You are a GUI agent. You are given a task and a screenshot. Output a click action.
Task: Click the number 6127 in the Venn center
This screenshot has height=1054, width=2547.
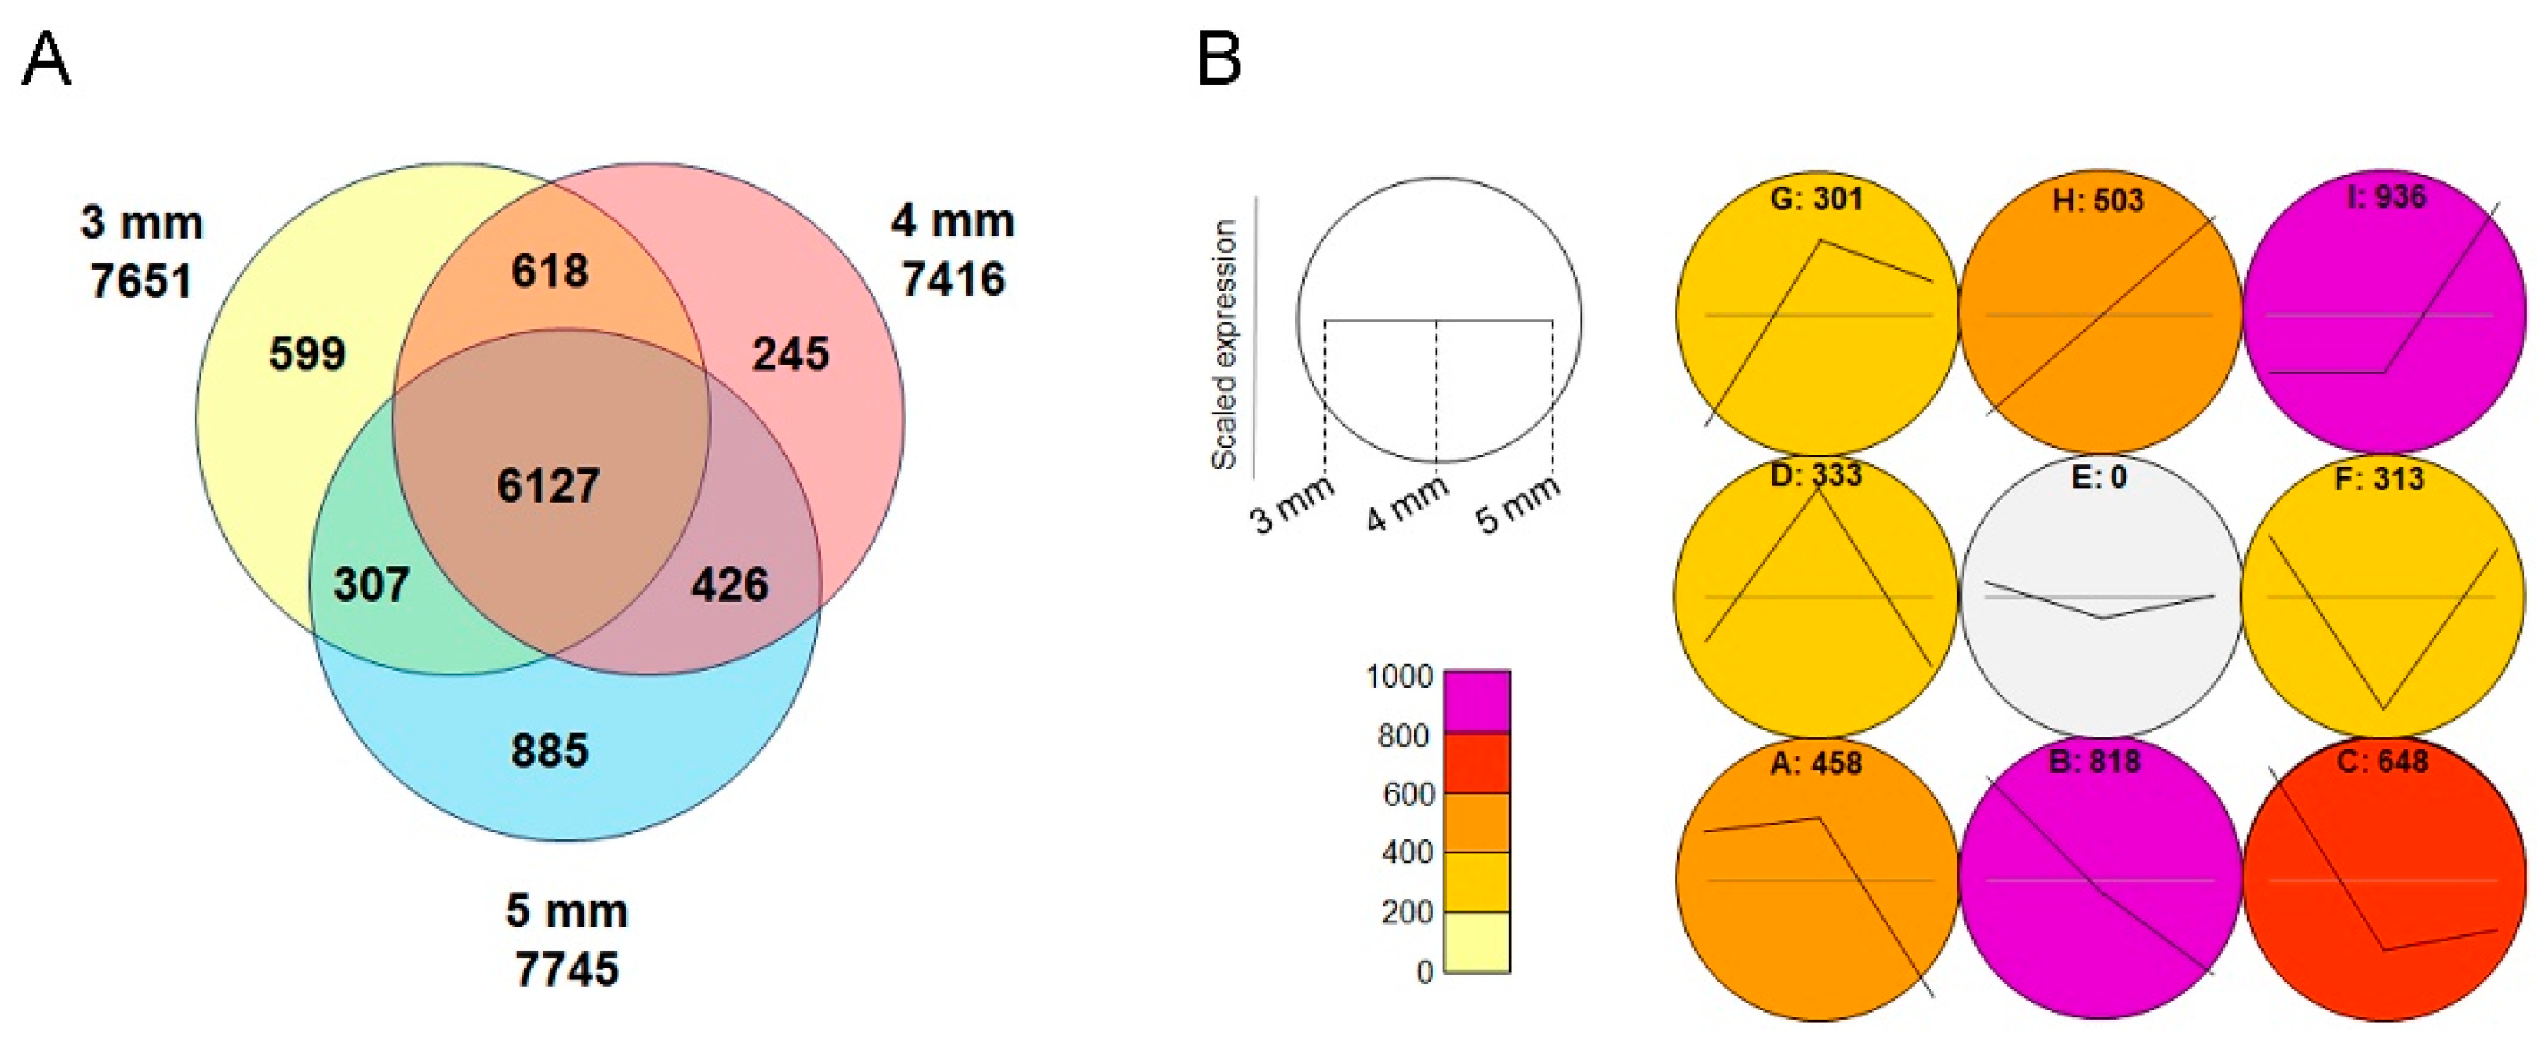click(x=548, y=485)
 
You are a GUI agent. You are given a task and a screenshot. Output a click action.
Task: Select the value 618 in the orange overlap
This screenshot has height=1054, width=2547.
click(x=550, y=270)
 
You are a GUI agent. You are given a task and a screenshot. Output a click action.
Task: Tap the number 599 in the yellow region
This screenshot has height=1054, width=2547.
click(x=308, y=354)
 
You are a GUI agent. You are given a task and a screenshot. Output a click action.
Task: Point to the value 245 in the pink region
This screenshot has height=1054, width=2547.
click(x=790, y=354)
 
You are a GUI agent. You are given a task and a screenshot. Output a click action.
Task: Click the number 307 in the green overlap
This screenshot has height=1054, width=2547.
click(x=372, y=585)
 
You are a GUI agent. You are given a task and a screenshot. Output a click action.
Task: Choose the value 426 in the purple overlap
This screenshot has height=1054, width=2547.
click(x=730, y=585)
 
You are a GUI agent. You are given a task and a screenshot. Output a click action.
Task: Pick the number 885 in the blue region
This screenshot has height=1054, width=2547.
click(x=550, y=750)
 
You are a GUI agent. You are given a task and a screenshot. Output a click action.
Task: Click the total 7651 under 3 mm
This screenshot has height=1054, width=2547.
click(x=141, y=281)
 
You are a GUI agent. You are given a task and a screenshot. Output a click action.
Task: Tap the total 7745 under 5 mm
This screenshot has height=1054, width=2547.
click(x=567, y=969)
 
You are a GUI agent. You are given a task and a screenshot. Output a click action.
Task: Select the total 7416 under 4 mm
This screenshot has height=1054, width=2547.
click(x=953, y=279)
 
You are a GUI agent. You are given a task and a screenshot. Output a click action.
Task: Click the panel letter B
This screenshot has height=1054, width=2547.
click(x=1219, y=59)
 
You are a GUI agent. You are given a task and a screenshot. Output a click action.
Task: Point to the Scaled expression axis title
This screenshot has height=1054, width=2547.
click(x=1224, y=344)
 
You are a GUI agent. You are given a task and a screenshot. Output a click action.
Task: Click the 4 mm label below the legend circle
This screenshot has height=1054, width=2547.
click(x=1406, y=503)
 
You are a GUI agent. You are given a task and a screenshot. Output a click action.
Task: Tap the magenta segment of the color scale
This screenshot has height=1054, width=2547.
click(x=1476, y=701)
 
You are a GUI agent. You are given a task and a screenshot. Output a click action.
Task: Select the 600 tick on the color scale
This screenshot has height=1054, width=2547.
click(x=1408, y=794)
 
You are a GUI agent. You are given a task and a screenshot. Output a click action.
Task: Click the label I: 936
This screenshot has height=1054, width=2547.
click(x=2386, y=197)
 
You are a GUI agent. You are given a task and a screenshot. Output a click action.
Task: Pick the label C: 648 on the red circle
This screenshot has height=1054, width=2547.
click(x=2383, y=762)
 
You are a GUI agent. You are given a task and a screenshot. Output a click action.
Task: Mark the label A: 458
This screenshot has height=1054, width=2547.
click(x=1815, y=763)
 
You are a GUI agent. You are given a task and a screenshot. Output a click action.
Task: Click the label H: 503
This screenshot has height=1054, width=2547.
click(x=2098, y=201)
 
